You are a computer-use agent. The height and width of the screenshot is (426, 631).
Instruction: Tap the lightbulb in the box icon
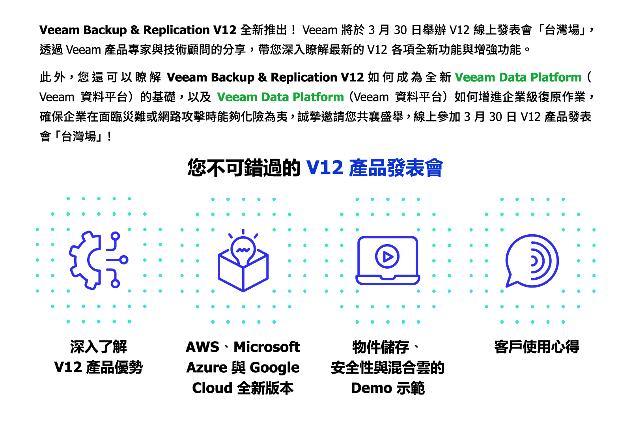pyautogui.click(x=243, y=262)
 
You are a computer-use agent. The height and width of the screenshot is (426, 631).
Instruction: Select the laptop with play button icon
pyautogui.click(x=388, y=260)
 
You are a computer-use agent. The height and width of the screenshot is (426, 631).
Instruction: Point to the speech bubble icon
pyautogui.click(x=532, y=261)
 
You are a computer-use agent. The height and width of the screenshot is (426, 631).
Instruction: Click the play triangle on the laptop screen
pyautogui.click(x=388, y=257)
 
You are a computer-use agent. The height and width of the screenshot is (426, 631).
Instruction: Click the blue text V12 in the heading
pyautogui.click(x=325, y=168)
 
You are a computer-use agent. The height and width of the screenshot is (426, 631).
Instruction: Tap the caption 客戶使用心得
pyautogui.click(x=537, y=347)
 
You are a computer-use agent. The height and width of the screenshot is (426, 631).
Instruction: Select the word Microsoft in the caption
pyautogui.click(x=267, y=347)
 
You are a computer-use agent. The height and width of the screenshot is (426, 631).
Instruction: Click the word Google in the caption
pyautogui.click(x=274, y=368)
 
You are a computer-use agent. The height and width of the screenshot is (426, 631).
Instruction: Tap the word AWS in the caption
pyautogui.click(x=202, y=347)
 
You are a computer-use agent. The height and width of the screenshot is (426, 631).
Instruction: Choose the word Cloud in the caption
pyautogui.click(x=212, y=388)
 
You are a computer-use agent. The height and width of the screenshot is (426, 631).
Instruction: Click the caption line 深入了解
pyautogui.click(x=99, y=347)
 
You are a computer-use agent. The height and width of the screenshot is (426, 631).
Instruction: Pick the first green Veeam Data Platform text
pyautogui.click(x=518, y=77)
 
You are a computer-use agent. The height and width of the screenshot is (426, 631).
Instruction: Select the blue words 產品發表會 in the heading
pyautogui.click(x=396, y=168)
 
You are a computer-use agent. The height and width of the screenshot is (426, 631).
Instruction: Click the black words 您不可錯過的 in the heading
pyautogui.click(x=244, y=168)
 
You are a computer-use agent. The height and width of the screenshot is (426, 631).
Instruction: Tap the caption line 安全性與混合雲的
pyautogui.click(x=388, y=368)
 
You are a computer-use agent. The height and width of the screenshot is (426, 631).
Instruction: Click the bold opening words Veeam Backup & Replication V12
pyautogui.click(x=138, y=30)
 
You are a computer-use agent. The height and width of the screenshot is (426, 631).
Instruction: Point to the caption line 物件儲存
pyautogui.click(x=381, y=347)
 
